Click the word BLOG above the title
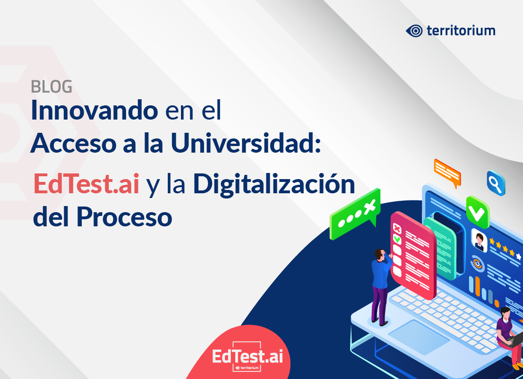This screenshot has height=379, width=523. pyautogui.click(x=51, y=87)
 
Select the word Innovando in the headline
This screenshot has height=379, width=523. pyautogui.click(x=94, y=110)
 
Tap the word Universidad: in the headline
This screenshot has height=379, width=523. pyautogui.click(x=246, y=143)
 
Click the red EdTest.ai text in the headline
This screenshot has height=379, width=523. pyautogui.click(x=86, y=183)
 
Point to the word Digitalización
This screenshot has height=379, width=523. pyautogui.click(x=274, y=185)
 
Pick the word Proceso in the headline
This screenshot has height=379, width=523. pyautogui.click(x=124, y=217)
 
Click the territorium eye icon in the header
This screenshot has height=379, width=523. pyautogui.click(x=414, y=31)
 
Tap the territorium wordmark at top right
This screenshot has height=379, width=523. pyautogui.click(x=461, y=31)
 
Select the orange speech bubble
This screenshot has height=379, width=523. pyautogui.click(x=447, y=172)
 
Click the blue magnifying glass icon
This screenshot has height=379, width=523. pyautogui.click(x=496, y=183)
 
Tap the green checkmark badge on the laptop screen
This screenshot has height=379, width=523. pyautogui.click(x=477, y=212)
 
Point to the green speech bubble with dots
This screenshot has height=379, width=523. pyautogui.click(x=355, y=214)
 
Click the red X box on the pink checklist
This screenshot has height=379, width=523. pyautogui.click(x=397, y=229)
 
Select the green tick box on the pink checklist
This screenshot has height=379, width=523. pyautogui.click(x=397, y=239)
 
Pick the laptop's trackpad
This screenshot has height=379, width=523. pyautogui.click(x=419, y=337)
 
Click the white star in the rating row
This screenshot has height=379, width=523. pyautogui.click(x=518, y=256)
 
